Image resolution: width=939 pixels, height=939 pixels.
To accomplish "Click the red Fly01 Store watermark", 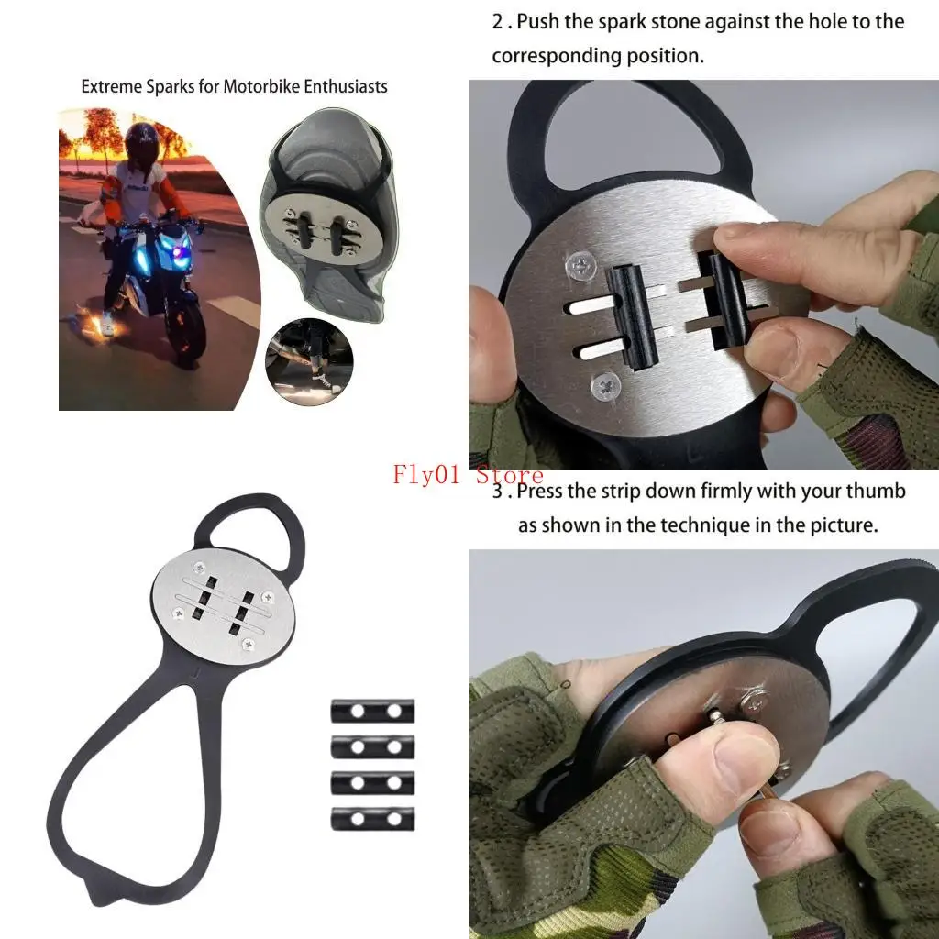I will coord(468,475).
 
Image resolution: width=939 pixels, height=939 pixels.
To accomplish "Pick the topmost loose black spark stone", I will coord(372,710).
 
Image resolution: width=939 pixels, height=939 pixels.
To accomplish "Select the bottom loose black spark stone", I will coord(372,817).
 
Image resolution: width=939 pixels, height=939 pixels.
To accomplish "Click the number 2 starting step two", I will coord(496,22).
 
